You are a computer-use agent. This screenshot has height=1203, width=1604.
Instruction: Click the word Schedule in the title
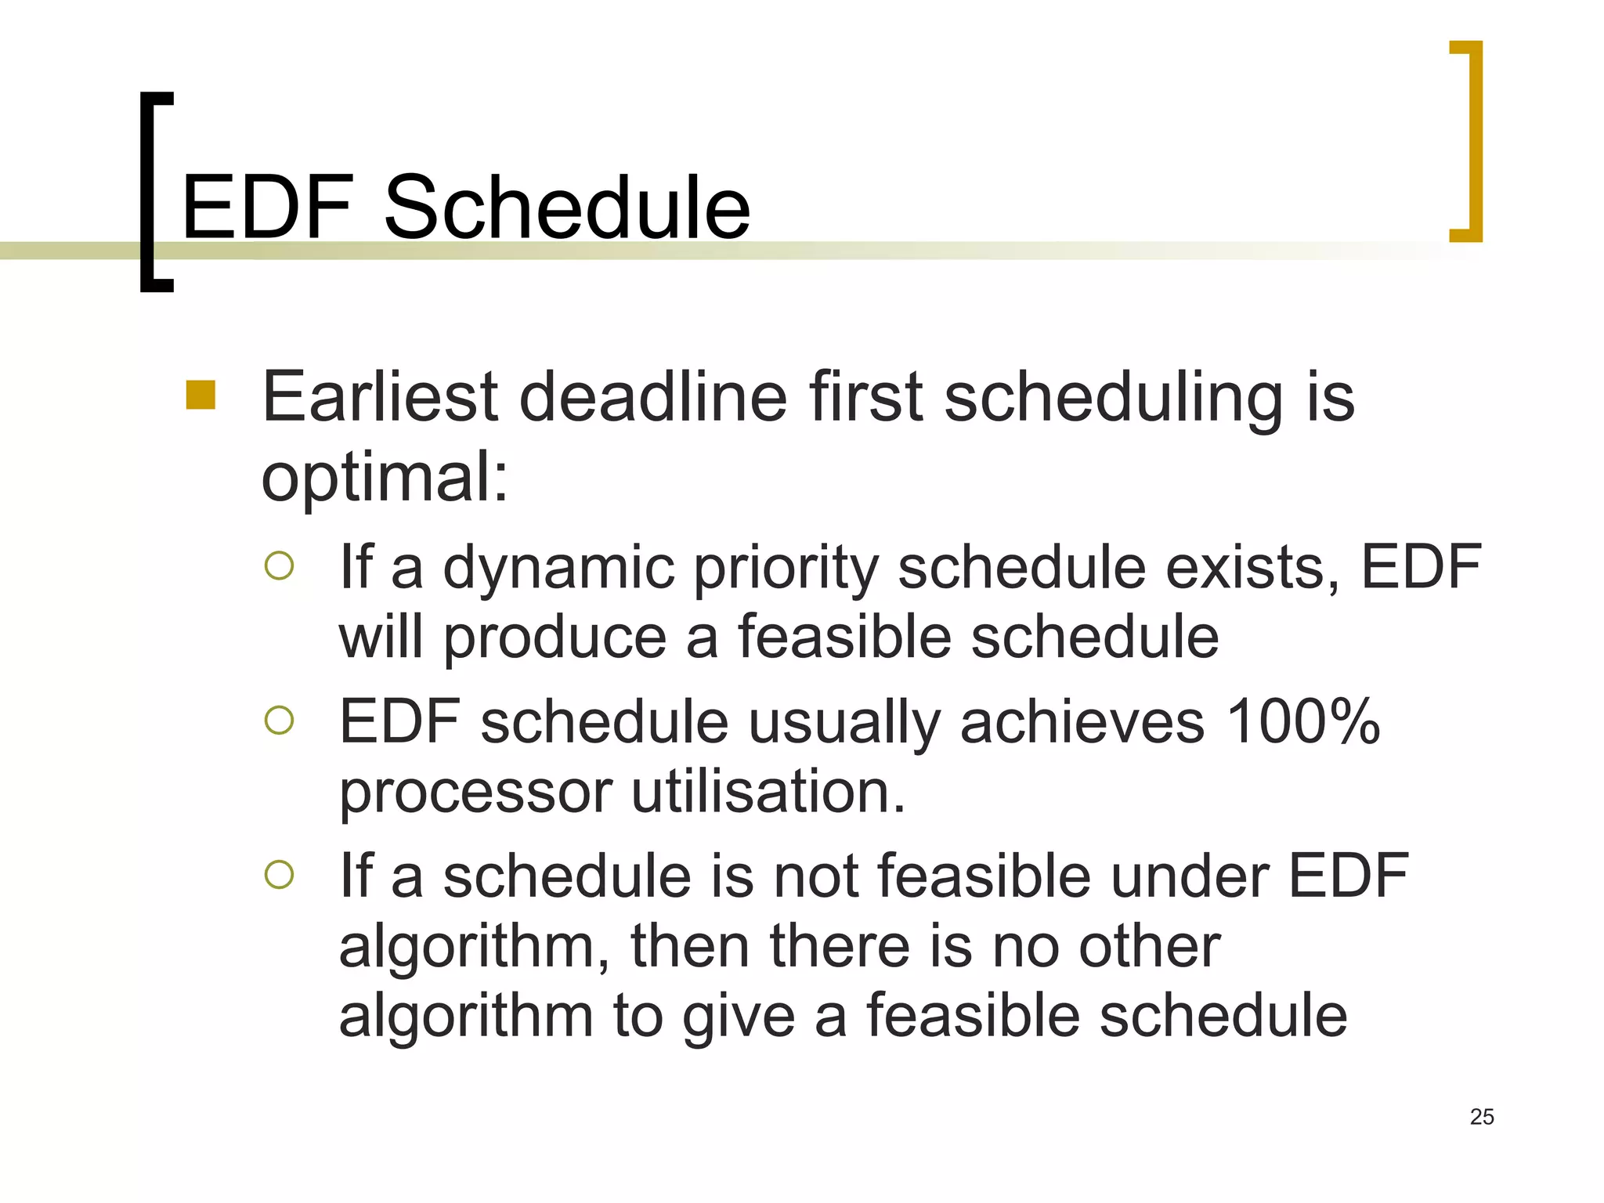[567, 208]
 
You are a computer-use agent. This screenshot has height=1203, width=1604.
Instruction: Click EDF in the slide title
[268, 208]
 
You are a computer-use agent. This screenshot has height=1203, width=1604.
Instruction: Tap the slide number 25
[1482, 1117]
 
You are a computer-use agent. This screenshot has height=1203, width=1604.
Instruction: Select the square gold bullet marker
[200, 395]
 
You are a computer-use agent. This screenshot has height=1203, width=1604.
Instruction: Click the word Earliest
[380, 396]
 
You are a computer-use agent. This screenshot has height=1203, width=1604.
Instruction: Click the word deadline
[652, 396]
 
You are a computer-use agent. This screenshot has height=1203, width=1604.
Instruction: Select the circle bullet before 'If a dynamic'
[279, 565]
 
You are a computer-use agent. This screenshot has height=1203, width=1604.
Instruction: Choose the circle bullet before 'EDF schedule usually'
[279, 720]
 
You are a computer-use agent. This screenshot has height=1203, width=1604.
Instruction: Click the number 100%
[1302, 721]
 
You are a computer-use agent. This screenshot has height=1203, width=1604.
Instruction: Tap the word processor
[475, 793]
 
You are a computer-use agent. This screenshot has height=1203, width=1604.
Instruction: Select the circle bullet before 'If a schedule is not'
[279, 874]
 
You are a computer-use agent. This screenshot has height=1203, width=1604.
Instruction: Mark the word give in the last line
[739, 1017]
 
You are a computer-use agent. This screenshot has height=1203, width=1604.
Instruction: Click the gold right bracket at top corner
[1469, 141]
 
